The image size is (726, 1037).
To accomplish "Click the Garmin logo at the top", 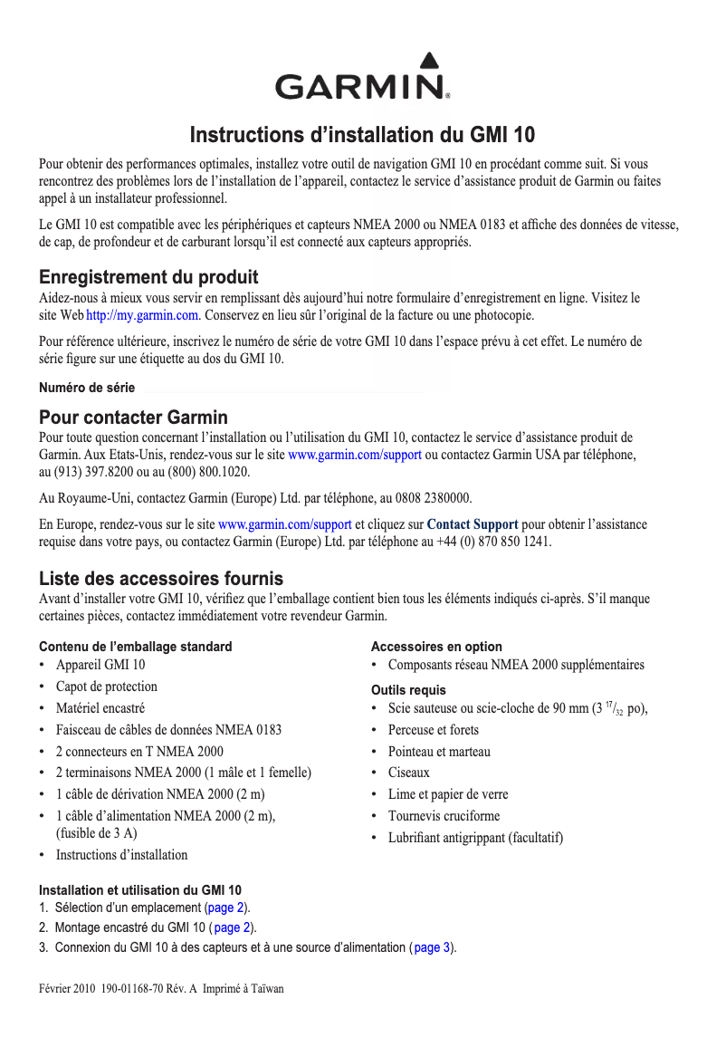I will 362,81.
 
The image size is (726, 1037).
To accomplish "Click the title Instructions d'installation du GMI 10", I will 362,136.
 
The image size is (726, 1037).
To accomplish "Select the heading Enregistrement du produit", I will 148,277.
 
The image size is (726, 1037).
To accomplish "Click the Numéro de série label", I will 87,388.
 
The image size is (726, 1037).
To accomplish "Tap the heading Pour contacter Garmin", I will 133,418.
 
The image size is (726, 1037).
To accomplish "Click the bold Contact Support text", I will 473,524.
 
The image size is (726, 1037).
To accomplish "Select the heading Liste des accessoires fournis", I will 161,579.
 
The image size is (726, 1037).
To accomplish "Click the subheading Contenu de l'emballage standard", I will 136,647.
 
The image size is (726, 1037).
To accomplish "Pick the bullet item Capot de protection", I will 107,687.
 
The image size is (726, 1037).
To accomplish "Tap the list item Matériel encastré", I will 100,708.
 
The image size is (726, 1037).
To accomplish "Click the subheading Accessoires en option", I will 436,647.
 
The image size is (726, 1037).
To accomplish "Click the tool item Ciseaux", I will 409,773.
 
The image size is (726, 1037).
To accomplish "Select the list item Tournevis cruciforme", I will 444,816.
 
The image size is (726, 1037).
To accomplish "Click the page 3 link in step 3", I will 433,947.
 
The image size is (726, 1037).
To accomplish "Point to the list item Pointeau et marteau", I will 439,752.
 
